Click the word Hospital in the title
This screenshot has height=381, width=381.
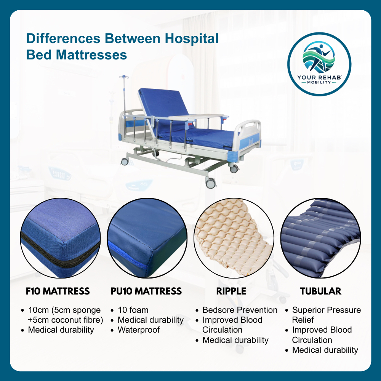point(192,39)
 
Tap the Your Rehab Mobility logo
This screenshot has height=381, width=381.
point(319,64)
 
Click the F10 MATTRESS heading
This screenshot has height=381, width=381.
point(58,291)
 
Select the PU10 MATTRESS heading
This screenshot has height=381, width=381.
point(146,291)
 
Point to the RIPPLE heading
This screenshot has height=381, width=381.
point(231,291)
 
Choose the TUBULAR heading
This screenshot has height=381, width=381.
point(320,291)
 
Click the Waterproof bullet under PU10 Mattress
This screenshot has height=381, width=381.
point(139,330)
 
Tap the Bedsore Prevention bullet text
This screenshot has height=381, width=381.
point(240,310)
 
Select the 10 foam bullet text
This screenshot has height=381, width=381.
point(133,310)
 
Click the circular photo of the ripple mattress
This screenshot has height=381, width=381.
point(234,238)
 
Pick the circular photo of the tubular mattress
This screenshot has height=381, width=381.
point(320,238)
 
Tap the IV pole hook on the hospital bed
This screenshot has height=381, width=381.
point(124,77)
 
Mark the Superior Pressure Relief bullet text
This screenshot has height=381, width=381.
point(327,315)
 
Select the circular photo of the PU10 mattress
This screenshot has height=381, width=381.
point(147,238)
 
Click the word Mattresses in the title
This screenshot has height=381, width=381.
point(91,55)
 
